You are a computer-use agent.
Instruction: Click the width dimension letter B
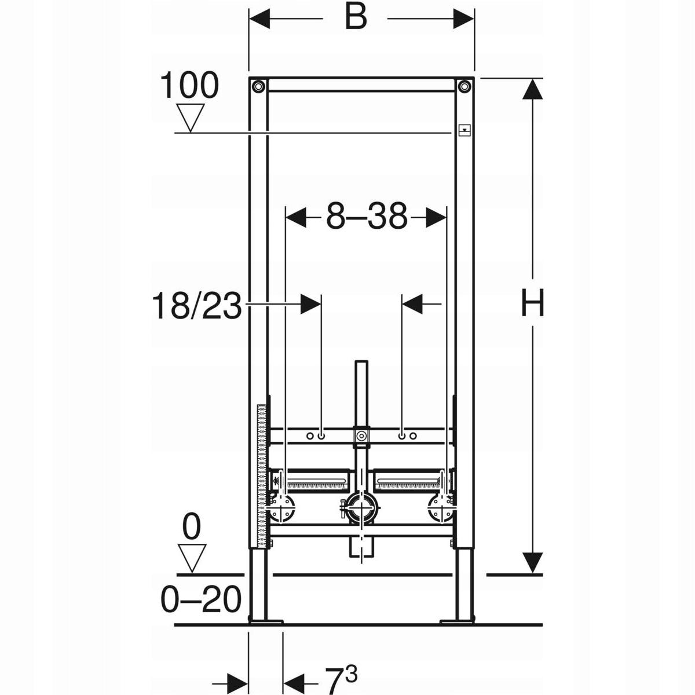coord(356,19)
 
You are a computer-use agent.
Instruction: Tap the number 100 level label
coord(189,86)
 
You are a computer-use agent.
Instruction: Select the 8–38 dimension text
coord(366,218)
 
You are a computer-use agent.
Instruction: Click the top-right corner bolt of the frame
coord(464,87)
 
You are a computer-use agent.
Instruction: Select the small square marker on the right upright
coord(464,130)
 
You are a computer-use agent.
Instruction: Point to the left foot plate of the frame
coord(265,621)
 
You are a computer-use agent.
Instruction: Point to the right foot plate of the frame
coord(457,621)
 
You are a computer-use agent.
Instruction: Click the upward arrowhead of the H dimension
coord(533,90)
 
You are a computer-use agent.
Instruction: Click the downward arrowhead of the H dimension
coord(533,562)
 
